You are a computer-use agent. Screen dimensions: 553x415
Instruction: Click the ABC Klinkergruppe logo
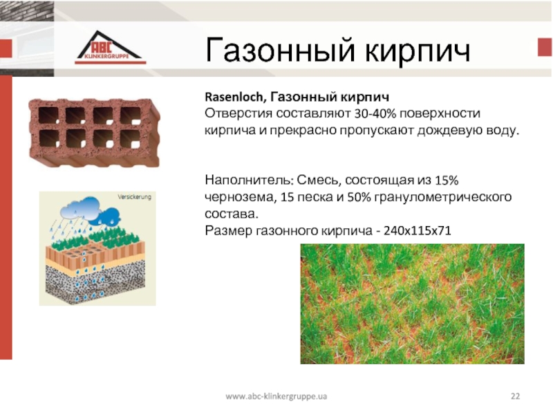pyautogui.click(x=110, y=48)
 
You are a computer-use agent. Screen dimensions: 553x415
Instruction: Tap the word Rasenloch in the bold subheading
pyautogui.click(x=234, y=97)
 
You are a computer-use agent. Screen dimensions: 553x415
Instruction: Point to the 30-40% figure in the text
pyautogui.click(x=375, y=113)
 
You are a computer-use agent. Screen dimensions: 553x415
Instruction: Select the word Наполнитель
pyautogui.click(x=249, y=180)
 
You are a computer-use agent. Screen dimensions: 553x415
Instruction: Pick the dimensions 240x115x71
pyautogui.click(x=418, y=231)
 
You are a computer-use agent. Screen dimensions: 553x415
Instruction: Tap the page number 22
pyautogui.click(x=515, y=396)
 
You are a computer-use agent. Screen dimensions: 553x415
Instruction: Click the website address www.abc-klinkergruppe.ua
pyautogui.click(x=276, y=396)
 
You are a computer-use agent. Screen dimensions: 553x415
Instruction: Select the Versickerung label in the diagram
pyautogui.click(x=134, y=197)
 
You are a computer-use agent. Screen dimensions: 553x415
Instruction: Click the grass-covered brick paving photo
pyautogui.click(x=412, y=304)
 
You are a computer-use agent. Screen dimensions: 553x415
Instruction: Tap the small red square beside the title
pyautogui.click(x=545, y=47)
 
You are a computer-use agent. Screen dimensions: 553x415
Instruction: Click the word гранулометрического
pyautogui.click(x=442, y=197)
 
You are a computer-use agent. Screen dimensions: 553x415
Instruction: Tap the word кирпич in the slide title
pyautogui.click(x=418, y=50)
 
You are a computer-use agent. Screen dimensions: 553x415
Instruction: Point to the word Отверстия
pyautogui.click(x=238, y=113)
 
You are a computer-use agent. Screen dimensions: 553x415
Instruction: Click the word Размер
pyautogui.click(x=229, y=231)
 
